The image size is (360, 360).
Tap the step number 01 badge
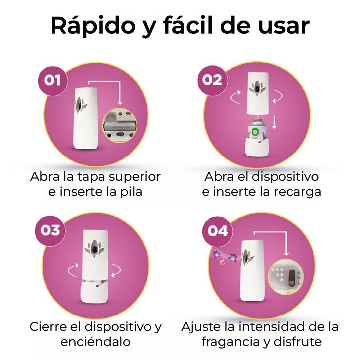[53, 81]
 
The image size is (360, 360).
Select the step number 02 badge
[212, 80]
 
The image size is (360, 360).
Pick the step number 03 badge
[50, 230]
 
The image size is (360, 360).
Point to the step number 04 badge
[217, 231]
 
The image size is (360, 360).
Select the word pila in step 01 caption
[131, 192]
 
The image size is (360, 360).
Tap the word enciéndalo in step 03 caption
[95, 342]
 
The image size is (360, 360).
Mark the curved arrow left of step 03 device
[73, 270]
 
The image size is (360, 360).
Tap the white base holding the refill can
[257, 147]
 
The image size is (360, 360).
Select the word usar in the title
[284, 26]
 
